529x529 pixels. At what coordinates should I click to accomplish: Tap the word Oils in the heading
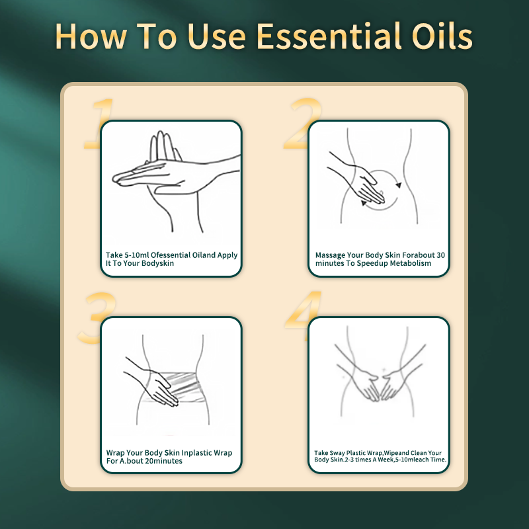tap(442, 36)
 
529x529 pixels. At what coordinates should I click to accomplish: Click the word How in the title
tap(91, 37)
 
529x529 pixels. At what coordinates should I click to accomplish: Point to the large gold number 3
tap(96, 317)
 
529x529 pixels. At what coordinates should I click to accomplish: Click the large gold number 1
tap(99, 123)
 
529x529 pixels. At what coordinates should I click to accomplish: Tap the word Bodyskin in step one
tap(157, 263)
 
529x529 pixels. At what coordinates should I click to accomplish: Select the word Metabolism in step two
tap(410, 263)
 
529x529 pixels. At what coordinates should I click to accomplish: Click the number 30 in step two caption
tap(440, 255)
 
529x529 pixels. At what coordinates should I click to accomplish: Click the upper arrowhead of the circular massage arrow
tap(399, 185)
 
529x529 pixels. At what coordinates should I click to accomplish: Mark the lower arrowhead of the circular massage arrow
tap(364, 203)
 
